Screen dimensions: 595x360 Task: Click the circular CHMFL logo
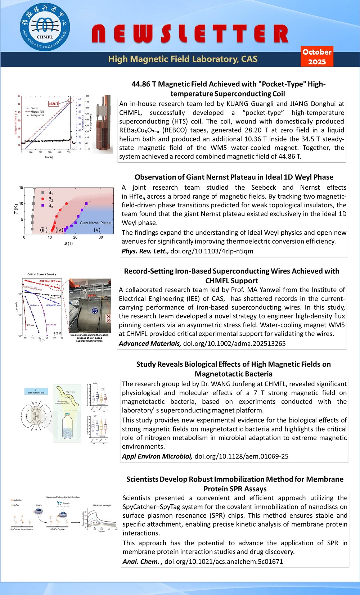tap(45, 27)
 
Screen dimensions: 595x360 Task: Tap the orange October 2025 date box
tap(317, 57)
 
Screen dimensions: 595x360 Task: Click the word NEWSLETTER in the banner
tap(190, 34)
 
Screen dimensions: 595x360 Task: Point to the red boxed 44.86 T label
tap(53, 104)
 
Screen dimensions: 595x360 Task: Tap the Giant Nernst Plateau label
tap(96, 223)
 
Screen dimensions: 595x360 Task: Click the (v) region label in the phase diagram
tap(97, 230)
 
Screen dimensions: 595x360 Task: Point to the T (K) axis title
tap(15, 209)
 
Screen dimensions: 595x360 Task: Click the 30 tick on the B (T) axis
tap(101, 237)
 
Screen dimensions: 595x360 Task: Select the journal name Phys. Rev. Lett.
tap(145, 251)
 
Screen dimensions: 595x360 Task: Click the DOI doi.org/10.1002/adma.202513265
tap(234, 343)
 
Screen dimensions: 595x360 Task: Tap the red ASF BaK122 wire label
tap(50, 281)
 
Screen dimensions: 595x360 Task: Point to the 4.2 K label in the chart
tap(57, 333)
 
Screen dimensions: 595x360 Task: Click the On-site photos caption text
tap(89, 338)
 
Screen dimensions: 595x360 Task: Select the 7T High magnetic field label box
tap(36, 391)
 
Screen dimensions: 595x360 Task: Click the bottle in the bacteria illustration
tap(68, 426)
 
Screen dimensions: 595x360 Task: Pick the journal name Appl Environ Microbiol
tap(157, 456)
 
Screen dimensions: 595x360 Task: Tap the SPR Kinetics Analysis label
tap(102, 505)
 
